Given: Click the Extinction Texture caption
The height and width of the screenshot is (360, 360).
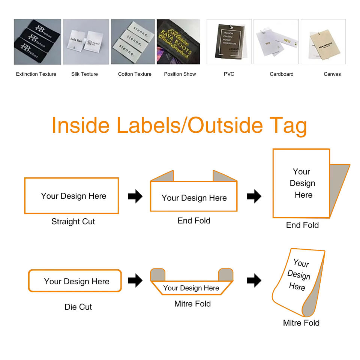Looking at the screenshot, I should coord(36,74).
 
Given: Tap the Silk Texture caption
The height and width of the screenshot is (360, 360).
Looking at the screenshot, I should coord(84,74).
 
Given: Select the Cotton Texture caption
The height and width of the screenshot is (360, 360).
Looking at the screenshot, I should coord(135,74).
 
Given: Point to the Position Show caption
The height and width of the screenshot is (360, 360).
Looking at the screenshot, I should coord(180,74).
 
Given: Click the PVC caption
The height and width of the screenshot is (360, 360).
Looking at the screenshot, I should coord(229,74).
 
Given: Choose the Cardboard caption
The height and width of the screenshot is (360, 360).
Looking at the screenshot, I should coord(282,74).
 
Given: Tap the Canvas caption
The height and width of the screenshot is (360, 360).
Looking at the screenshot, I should coord(332,74).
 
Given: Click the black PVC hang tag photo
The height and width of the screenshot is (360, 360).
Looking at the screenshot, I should coord(229,42).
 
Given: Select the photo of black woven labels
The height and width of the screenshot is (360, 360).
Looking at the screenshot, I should coord(37,42).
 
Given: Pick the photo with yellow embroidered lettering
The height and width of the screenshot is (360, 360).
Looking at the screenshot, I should coord(178,42).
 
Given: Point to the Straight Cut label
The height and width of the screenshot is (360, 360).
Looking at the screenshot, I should coord(73,222).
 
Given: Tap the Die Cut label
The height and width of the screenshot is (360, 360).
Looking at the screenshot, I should coord(78,307).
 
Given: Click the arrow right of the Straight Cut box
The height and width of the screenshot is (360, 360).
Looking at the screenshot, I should coord(135,196).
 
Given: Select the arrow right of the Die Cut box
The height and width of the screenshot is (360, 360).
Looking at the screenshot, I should coord(135,280).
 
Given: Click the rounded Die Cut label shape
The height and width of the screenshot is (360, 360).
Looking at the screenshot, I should coord(75,281).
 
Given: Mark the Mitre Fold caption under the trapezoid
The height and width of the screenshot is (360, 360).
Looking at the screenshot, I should coord(192,304).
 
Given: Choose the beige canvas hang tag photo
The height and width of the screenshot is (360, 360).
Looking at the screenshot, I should coord(323,42).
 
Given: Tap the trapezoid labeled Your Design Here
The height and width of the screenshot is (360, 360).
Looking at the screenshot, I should coord(191,288).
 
